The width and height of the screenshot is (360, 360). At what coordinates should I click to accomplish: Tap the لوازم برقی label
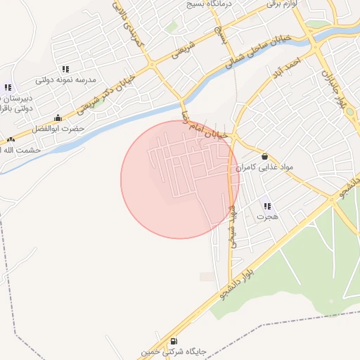click(x=287, y=4)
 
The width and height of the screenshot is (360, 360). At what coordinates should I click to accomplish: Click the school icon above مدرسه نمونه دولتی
click(x=65, y=69)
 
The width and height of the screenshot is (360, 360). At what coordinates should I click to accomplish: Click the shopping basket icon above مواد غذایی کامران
click(x=264, y=157)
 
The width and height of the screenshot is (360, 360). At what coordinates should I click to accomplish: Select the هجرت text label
click(x=267, y=217)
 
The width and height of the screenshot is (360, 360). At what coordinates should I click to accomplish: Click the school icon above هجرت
click(x=267, y=206)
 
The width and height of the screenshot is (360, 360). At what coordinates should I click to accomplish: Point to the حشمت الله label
click(x=21, y=150)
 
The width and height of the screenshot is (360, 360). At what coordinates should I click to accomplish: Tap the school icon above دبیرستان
click(x=7, y=87)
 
